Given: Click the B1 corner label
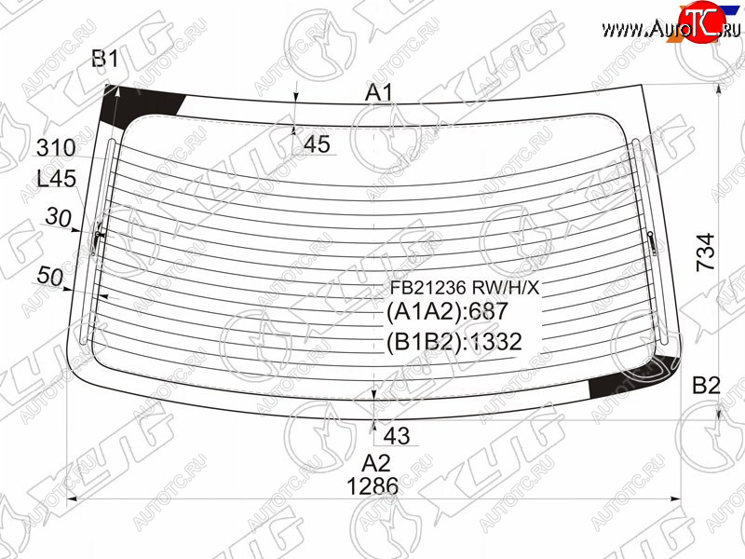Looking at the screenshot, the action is click(105, 60).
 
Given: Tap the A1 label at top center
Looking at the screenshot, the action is click(379, 92).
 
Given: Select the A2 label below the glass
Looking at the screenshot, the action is click(376, 462).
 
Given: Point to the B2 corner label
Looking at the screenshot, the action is click(706, 386).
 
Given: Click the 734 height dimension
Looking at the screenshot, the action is click(706, 252).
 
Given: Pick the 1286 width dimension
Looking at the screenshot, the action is click(372, 486).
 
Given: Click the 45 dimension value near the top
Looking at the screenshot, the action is click(317, 144).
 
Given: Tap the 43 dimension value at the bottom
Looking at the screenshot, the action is click(397, 435).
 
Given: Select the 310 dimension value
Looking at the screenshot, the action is click(56, 148).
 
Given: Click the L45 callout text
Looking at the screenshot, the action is click(57, 179).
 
